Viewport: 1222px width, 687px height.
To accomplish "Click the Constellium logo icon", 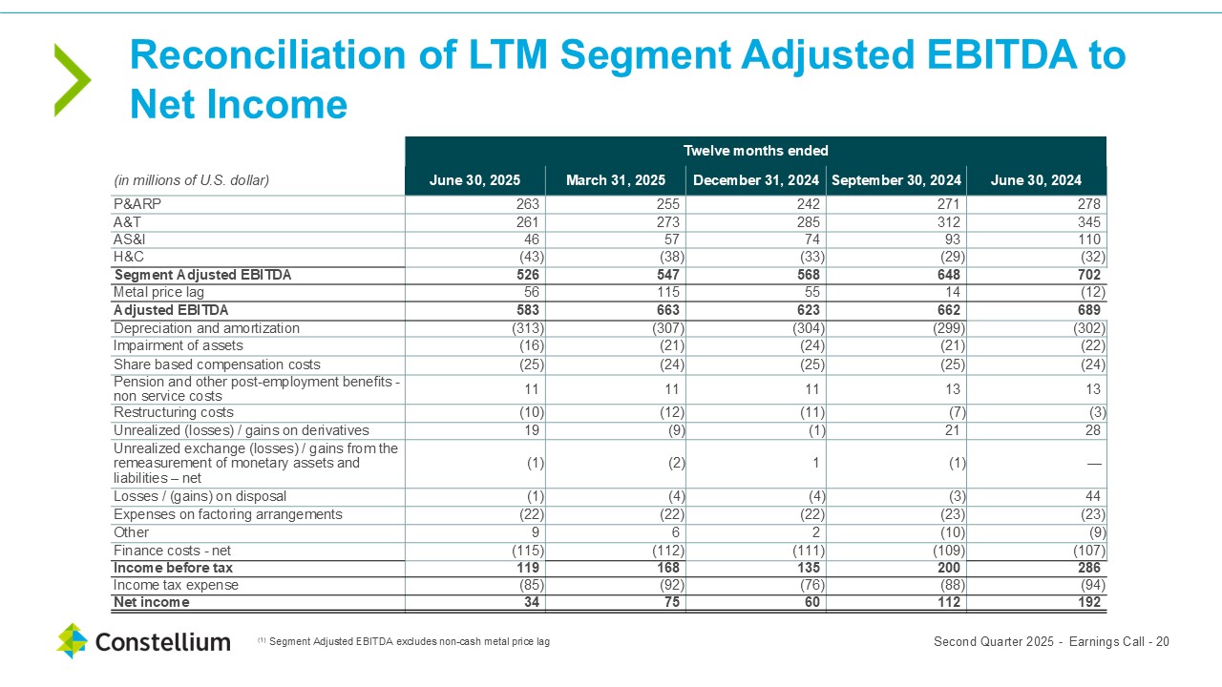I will click(72, 640).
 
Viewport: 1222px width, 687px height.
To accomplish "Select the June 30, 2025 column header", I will click(474, 180).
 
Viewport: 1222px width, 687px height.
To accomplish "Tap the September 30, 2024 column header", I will click(895, 180).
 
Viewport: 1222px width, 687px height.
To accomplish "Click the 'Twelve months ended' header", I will click(755, 151).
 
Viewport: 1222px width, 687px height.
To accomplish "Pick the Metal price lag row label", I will click(158, 292).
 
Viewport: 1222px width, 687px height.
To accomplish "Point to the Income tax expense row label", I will click(176, 585).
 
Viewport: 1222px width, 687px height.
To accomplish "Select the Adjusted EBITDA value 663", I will click(667, 310).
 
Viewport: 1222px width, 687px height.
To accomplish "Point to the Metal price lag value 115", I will click(667, 292).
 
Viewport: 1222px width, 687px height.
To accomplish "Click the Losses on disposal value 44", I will click(1092, 496).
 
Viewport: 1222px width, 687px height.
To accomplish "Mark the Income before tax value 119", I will click(527, 568).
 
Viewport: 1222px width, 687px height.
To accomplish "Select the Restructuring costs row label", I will click(174, 412).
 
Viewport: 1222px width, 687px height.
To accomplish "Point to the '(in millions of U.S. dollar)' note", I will click(192, 180).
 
